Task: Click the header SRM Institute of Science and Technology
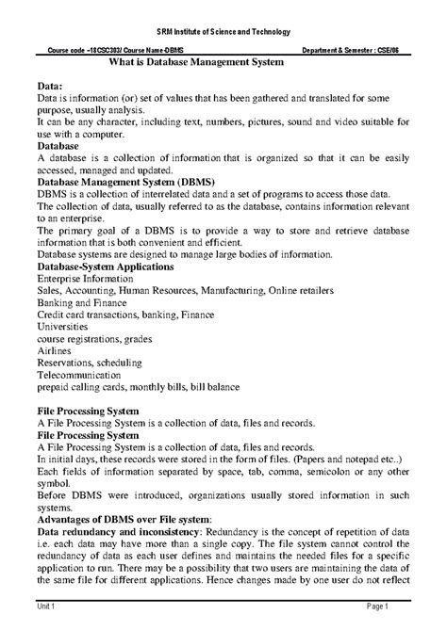point(223,32)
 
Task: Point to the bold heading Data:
point(48,85)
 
